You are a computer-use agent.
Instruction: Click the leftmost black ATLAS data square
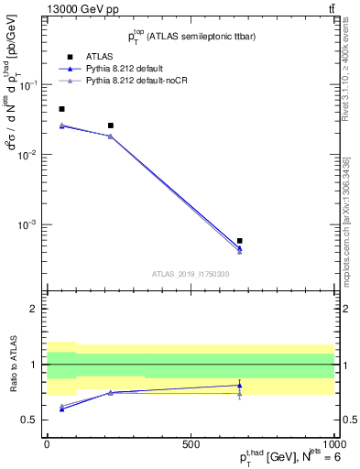tap(61, 109)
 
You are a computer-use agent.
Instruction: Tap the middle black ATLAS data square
tap(111, 125)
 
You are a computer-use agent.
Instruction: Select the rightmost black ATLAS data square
tap(239, 241)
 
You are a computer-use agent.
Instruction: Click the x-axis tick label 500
tap(191, 442)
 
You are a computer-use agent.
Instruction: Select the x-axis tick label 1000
tap(333, 442)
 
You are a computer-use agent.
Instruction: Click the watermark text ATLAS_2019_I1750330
tap(191, 274)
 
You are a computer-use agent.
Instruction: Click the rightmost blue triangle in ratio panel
tap(239, 385)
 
